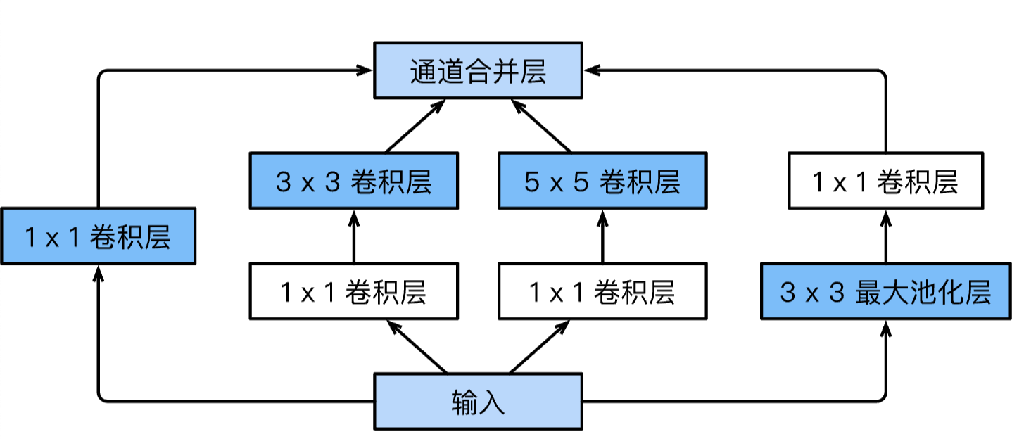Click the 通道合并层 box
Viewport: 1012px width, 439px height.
point(478,70)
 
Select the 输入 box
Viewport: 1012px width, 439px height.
point(478,401)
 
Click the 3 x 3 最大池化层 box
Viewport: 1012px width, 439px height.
point(885,291)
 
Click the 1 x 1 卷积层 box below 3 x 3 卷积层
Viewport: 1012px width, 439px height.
point(353,291)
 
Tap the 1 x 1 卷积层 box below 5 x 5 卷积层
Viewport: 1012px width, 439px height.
point(602,291)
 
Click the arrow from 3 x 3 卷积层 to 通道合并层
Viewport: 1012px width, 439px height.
point(415,127)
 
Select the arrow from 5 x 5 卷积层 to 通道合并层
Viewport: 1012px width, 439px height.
point(540,127)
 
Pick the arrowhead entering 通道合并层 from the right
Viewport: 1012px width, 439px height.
point(593,70)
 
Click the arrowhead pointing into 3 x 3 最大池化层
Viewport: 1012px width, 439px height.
point(885,327)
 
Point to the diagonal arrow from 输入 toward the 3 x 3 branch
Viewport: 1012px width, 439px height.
point(417,347)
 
